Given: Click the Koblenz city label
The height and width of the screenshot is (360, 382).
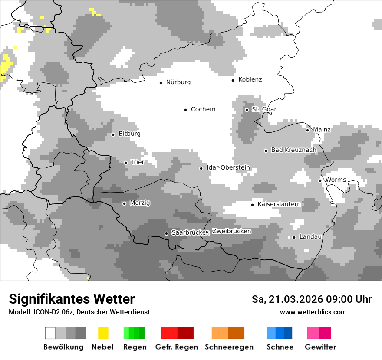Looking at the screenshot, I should pos(250,79).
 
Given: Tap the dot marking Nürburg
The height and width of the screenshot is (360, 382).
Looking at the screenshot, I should pos(161,82).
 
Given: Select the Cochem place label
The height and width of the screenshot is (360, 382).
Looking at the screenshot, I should pos(203,109).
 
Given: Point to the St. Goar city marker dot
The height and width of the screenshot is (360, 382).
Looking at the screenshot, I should pos(247,110).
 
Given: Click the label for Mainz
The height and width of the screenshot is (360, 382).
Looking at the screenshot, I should pos(322,130).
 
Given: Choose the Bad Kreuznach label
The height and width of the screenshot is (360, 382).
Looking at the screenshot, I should pos(293,150).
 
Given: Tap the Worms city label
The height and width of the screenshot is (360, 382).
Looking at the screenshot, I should pos(336,180).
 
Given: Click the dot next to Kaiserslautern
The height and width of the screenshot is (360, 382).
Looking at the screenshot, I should pos(252,205).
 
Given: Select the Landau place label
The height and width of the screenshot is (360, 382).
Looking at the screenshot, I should pos(310,237).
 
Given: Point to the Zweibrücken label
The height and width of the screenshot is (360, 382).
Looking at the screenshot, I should pos(231,232).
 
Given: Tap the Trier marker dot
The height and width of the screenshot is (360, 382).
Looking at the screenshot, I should pos(125,163).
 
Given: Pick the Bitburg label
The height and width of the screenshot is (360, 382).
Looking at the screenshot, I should pos(129,134).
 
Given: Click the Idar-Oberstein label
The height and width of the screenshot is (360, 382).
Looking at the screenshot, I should pos(228,168).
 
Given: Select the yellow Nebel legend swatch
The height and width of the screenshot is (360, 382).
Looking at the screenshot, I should pos(103,333).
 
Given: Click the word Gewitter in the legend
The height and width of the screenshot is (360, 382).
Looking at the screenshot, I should pos(320,347).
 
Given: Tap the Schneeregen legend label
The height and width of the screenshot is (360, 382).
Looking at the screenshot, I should pos(229,347).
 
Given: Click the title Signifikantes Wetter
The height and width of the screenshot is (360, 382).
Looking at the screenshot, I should pos(72,299).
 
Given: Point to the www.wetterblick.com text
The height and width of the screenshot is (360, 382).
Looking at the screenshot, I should pos(313,312).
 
